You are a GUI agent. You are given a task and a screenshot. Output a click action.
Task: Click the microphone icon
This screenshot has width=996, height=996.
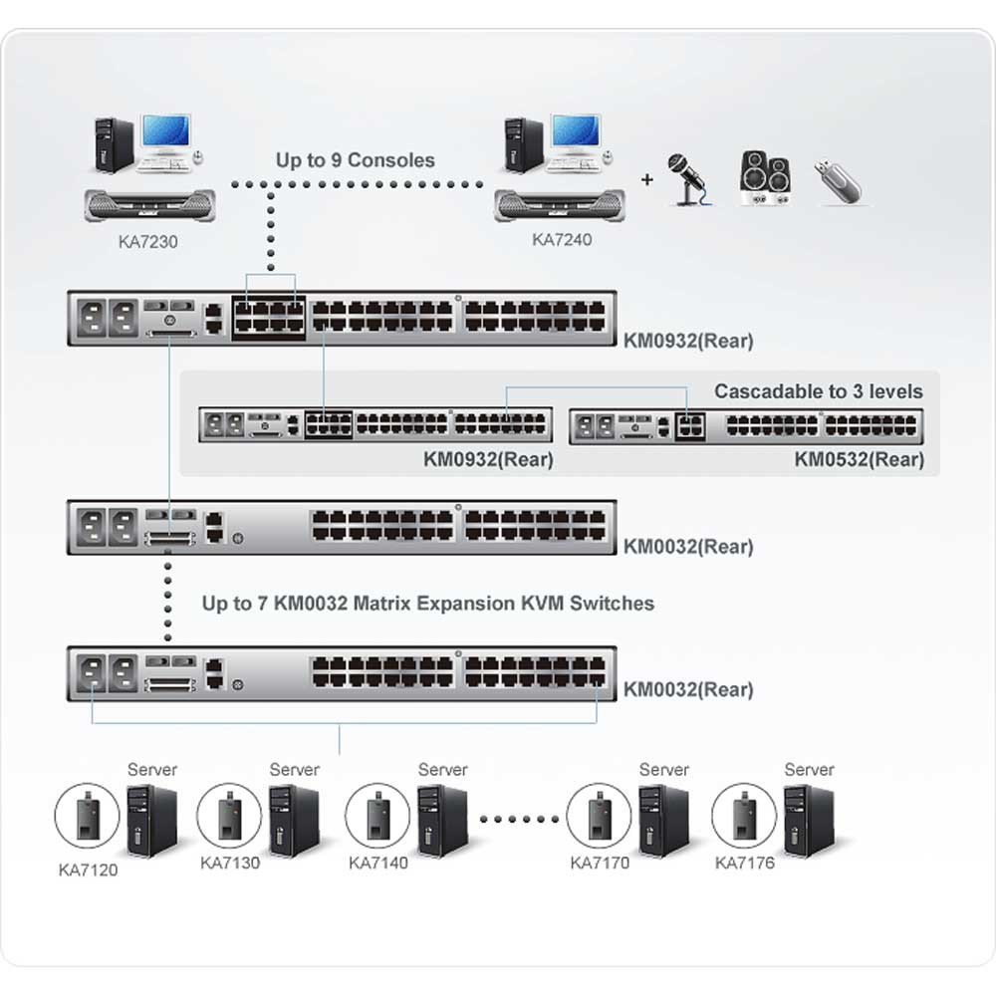coord(688,179)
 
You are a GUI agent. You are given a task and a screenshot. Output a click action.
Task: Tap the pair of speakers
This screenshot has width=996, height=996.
coord(765,178)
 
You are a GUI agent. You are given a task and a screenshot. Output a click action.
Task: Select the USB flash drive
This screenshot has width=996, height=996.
coord(839,181)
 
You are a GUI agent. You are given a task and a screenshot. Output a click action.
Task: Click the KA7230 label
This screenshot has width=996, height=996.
coord(148,241)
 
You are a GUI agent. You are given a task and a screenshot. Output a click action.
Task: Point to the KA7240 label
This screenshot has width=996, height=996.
coord(562,239)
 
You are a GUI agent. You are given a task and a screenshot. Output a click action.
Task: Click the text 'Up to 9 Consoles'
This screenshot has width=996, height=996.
coord(356,160)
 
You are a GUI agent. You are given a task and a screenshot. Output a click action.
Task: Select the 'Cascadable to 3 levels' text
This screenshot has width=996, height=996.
coord(818,391)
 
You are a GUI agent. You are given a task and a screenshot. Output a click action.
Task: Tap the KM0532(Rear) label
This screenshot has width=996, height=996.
coord(859,459)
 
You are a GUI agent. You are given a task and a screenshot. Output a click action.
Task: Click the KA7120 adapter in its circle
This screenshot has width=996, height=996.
coord(87,816)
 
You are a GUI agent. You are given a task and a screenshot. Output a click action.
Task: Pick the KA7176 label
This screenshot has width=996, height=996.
coord(744,863)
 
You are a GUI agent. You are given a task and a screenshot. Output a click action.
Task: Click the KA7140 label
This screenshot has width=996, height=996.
coord(377,863)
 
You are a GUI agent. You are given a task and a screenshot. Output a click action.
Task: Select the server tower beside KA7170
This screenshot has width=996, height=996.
coord(663,821)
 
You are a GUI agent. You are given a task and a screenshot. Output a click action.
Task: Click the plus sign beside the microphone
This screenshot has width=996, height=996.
coord(646,179)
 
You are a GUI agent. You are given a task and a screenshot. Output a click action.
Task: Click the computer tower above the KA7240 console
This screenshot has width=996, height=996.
coord(524,145)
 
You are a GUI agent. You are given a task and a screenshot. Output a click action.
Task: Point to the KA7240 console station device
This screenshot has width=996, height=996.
coord(560,205)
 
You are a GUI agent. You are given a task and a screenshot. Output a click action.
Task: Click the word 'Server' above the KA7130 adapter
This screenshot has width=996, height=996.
coord(294,770)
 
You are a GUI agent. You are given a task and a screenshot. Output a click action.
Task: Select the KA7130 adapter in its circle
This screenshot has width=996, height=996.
coord(229,816)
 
